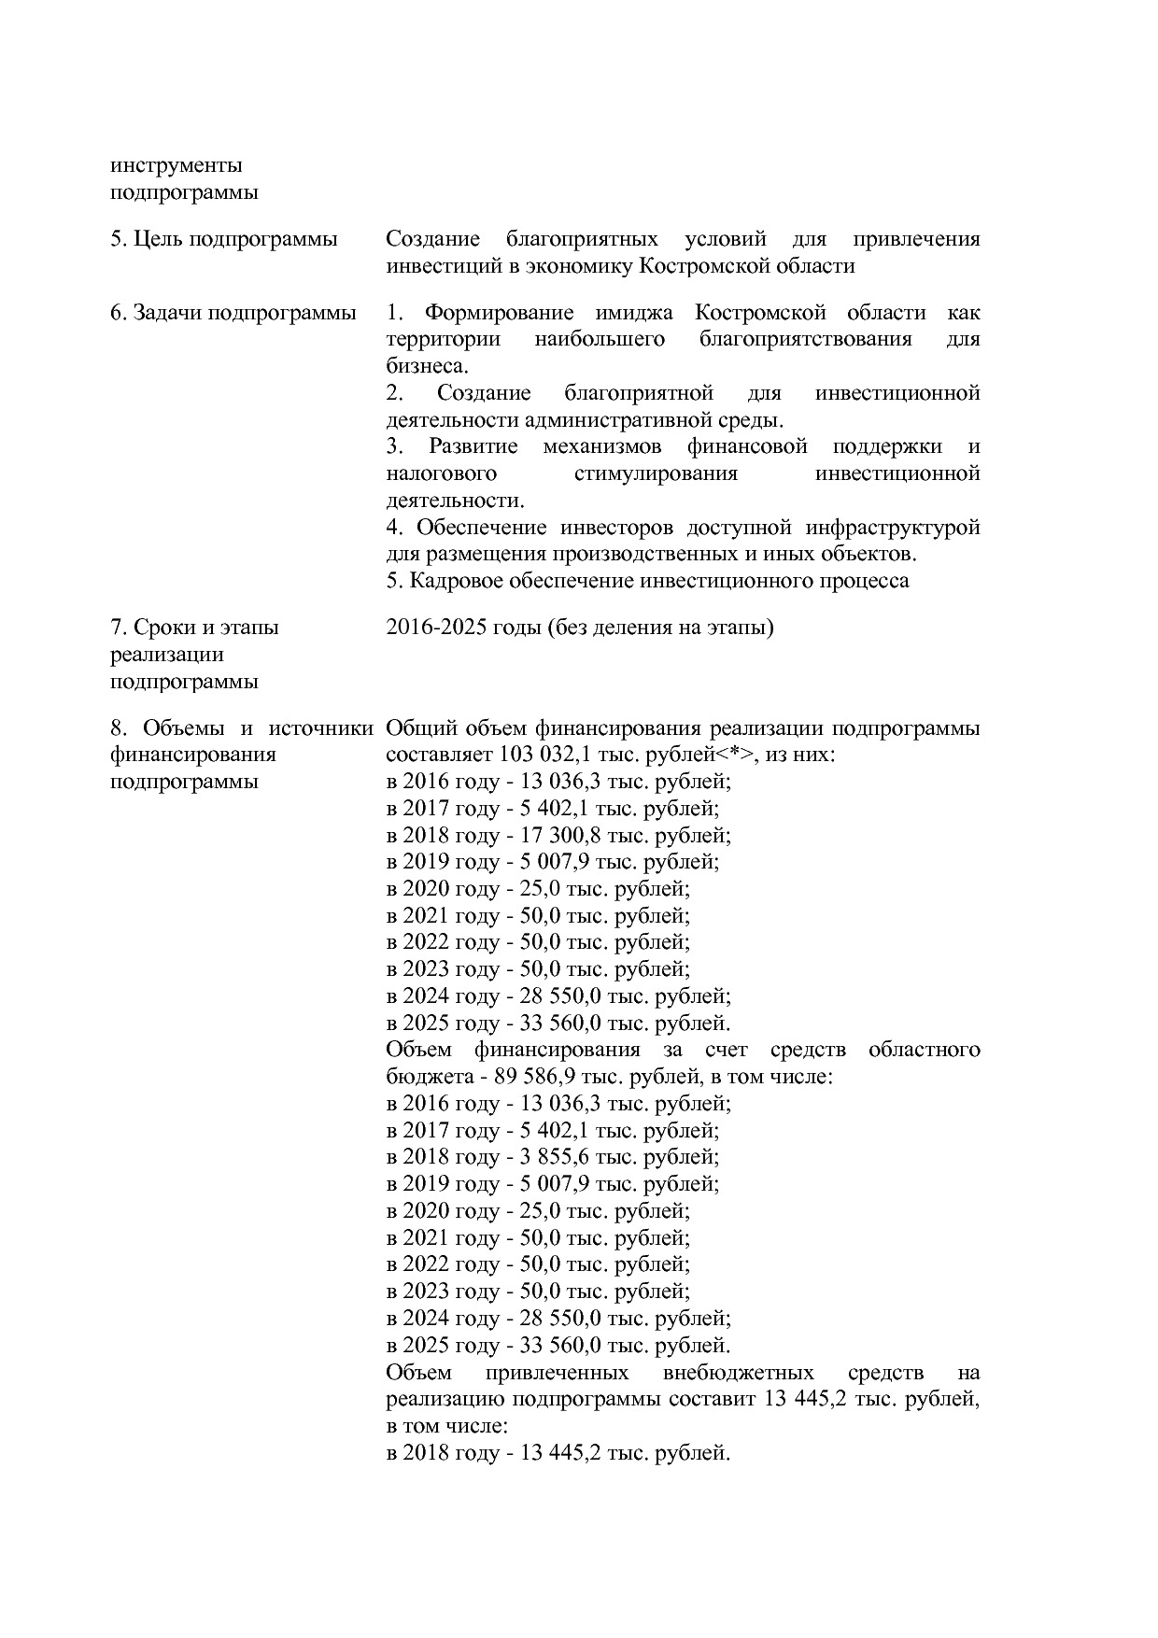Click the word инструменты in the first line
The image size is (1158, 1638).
pos(176,166)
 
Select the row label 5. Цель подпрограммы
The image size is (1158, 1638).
pos(224,239)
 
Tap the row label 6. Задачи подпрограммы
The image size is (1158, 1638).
pos(233,313)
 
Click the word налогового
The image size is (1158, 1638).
pos(441,473)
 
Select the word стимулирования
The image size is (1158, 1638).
pos(656,473)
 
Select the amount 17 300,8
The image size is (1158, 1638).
pos(557,835)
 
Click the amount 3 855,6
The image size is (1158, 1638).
pos(551,1157)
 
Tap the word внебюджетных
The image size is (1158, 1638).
pos(738,1373)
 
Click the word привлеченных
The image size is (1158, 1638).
pos(557,1373)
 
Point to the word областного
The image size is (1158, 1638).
pos(924,1050)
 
